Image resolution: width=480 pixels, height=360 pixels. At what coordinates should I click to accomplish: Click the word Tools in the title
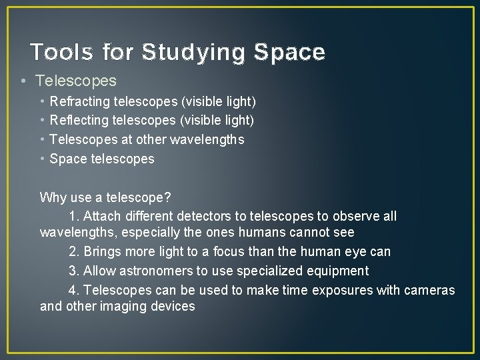coord(63,52)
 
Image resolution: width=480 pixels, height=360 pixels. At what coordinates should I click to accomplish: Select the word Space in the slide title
coord(290,52)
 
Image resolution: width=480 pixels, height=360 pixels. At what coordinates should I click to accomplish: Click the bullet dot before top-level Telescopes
coord(23,81)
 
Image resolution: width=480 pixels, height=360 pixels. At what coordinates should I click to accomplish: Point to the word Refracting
coord(80,102)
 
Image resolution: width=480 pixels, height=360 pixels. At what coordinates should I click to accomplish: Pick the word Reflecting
coord(79,121)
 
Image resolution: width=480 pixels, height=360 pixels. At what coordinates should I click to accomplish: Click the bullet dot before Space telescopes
coord(43,159)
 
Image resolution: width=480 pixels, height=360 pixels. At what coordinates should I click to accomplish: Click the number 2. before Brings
coord(74,252)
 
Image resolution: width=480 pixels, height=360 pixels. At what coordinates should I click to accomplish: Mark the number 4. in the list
coord(74,290)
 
